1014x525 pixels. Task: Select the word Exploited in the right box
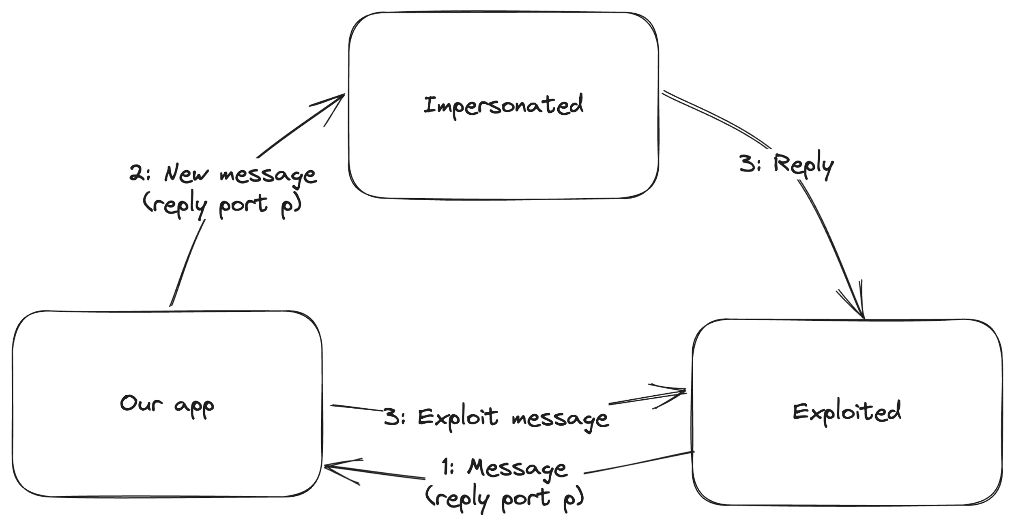coord(846,413)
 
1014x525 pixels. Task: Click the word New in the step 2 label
coord(186,174)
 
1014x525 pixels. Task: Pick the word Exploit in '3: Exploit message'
coord(458,417)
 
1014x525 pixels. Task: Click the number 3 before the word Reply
coord(747,165)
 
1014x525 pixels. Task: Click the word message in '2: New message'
coord(268,175)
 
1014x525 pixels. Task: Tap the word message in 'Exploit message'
coord(560,419)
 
